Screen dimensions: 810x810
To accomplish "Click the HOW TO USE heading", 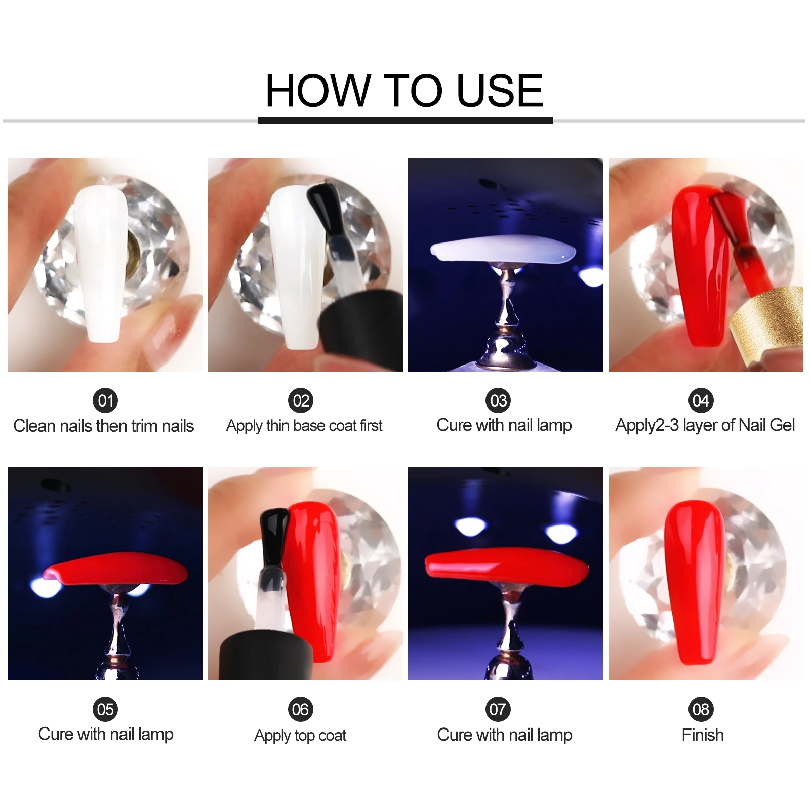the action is click(x=404, y=91).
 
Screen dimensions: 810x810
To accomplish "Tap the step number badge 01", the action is click(x=105, y=400).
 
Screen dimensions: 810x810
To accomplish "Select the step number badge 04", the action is click(x=701, y=400).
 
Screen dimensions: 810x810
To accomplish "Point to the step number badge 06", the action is click(x=300, y=709).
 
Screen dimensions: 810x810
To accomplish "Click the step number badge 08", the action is click(x=701, y=709).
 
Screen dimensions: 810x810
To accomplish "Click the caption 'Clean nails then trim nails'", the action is click(x=104, y=426).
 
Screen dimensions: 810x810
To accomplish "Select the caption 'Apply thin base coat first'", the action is click(x=304, y=426).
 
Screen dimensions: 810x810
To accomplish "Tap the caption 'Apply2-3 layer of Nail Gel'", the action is click(x=705, y=425).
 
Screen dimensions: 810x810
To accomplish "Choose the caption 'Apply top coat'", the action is click(x=300, y=735).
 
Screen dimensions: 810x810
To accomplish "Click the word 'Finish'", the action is click(x=703, y=735).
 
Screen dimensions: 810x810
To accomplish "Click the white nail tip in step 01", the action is click(x=101, y=263).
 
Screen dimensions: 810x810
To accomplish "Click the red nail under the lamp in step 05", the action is click(x=115, y=568).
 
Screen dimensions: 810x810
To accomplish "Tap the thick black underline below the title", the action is click(x=405, y=120).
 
